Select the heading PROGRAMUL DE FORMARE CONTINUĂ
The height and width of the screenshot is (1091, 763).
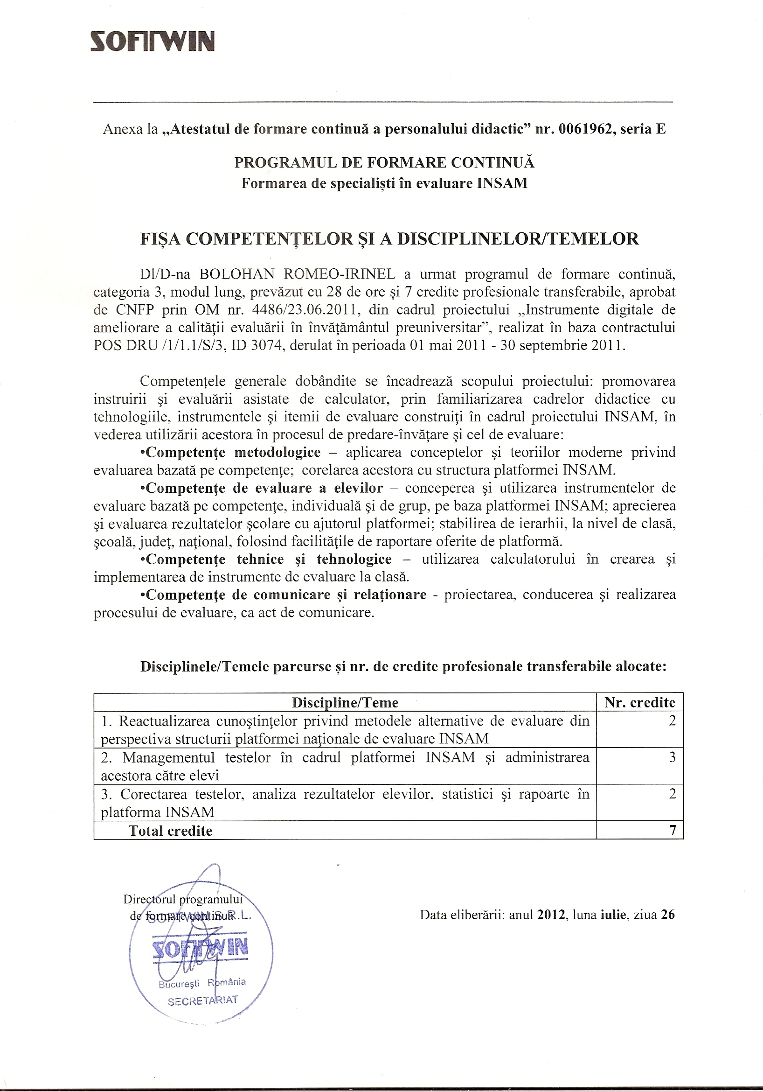(x=384, y=162)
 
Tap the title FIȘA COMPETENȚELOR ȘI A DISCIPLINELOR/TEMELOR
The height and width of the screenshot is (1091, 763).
(x=389, y=238)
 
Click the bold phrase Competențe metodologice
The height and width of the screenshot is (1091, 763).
(x=233, y=452)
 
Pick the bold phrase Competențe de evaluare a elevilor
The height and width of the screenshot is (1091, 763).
(x=264, y=488)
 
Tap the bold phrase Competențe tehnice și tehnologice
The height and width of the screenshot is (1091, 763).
(x=269, y=559)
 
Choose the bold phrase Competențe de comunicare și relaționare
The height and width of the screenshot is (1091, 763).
(x=286, y=594)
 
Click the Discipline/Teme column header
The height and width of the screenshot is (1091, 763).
(x=345, y=702)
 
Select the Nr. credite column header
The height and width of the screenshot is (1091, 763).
(x=639, y=702)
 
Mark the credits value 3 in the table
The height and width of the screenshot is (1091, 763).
(x=672, y=757)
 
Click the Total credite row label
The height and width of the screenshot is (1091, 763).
(x=170, y=831)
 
